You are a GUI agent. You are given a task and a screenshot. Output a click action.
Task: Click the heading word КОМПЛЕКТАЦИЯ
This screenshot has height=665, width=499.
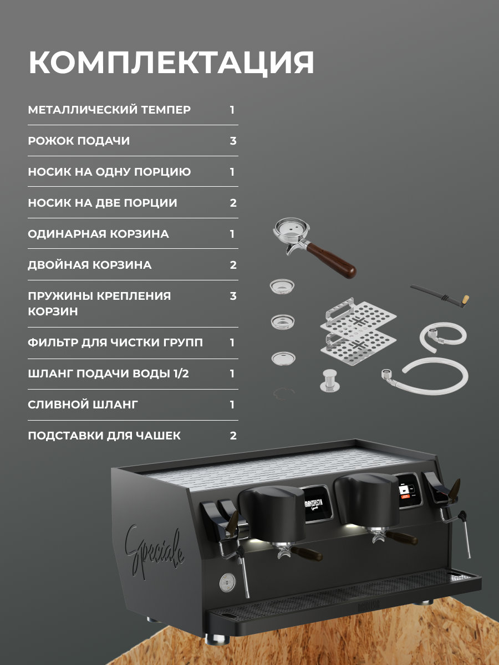point(171,63)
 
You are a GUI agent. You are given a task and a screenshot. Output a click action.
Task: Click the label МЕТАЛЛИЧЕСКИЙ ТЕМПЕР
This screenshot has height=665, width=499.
point(109,110)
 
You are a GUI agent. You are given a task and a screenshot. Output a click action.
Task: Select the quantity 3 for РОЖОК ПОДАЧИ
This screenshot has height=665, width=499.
point(233,141)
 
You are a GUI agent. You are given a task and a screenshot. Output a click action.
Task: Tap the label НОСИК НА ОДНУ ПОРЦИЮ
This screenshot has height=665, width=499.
point(109,172)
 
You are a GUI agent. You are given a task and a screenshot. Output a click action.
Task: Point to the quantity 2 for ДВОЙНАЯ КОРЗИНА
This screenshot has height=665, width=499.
point(233,265)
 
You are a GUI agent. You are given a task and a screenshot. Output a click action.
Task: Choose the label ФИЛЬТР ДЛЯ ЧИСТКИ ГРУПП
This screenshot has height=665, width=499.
point(115,342)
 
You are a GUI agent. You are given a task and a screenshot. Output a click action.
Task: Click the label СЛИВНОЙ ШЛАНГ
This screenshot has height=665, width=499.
point(83,405)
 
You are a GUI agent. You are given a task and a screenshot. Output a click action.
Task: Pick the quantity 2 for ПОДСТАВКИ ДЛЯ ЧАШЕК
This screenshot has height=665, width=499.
point(233,436)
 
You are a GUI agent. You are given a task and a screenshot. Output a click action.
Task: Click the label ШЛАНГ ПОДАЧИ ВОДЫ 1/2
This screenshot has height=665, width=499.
point(109,374)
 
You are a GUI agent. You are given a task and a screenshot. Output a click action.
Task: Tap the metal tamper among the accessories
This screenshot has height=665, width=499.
point(330,381)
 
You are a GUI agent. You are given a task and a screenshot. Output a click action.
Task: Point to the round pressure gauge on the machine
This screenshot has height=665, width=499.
point(227,582)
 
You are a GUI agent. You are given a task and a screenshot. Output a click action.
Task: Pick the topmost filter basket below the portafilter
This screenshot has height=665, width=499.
point(282,286)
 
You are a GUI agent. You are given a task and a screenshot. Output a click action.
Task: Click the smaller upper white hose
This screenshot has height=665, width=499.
point(443,336)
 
